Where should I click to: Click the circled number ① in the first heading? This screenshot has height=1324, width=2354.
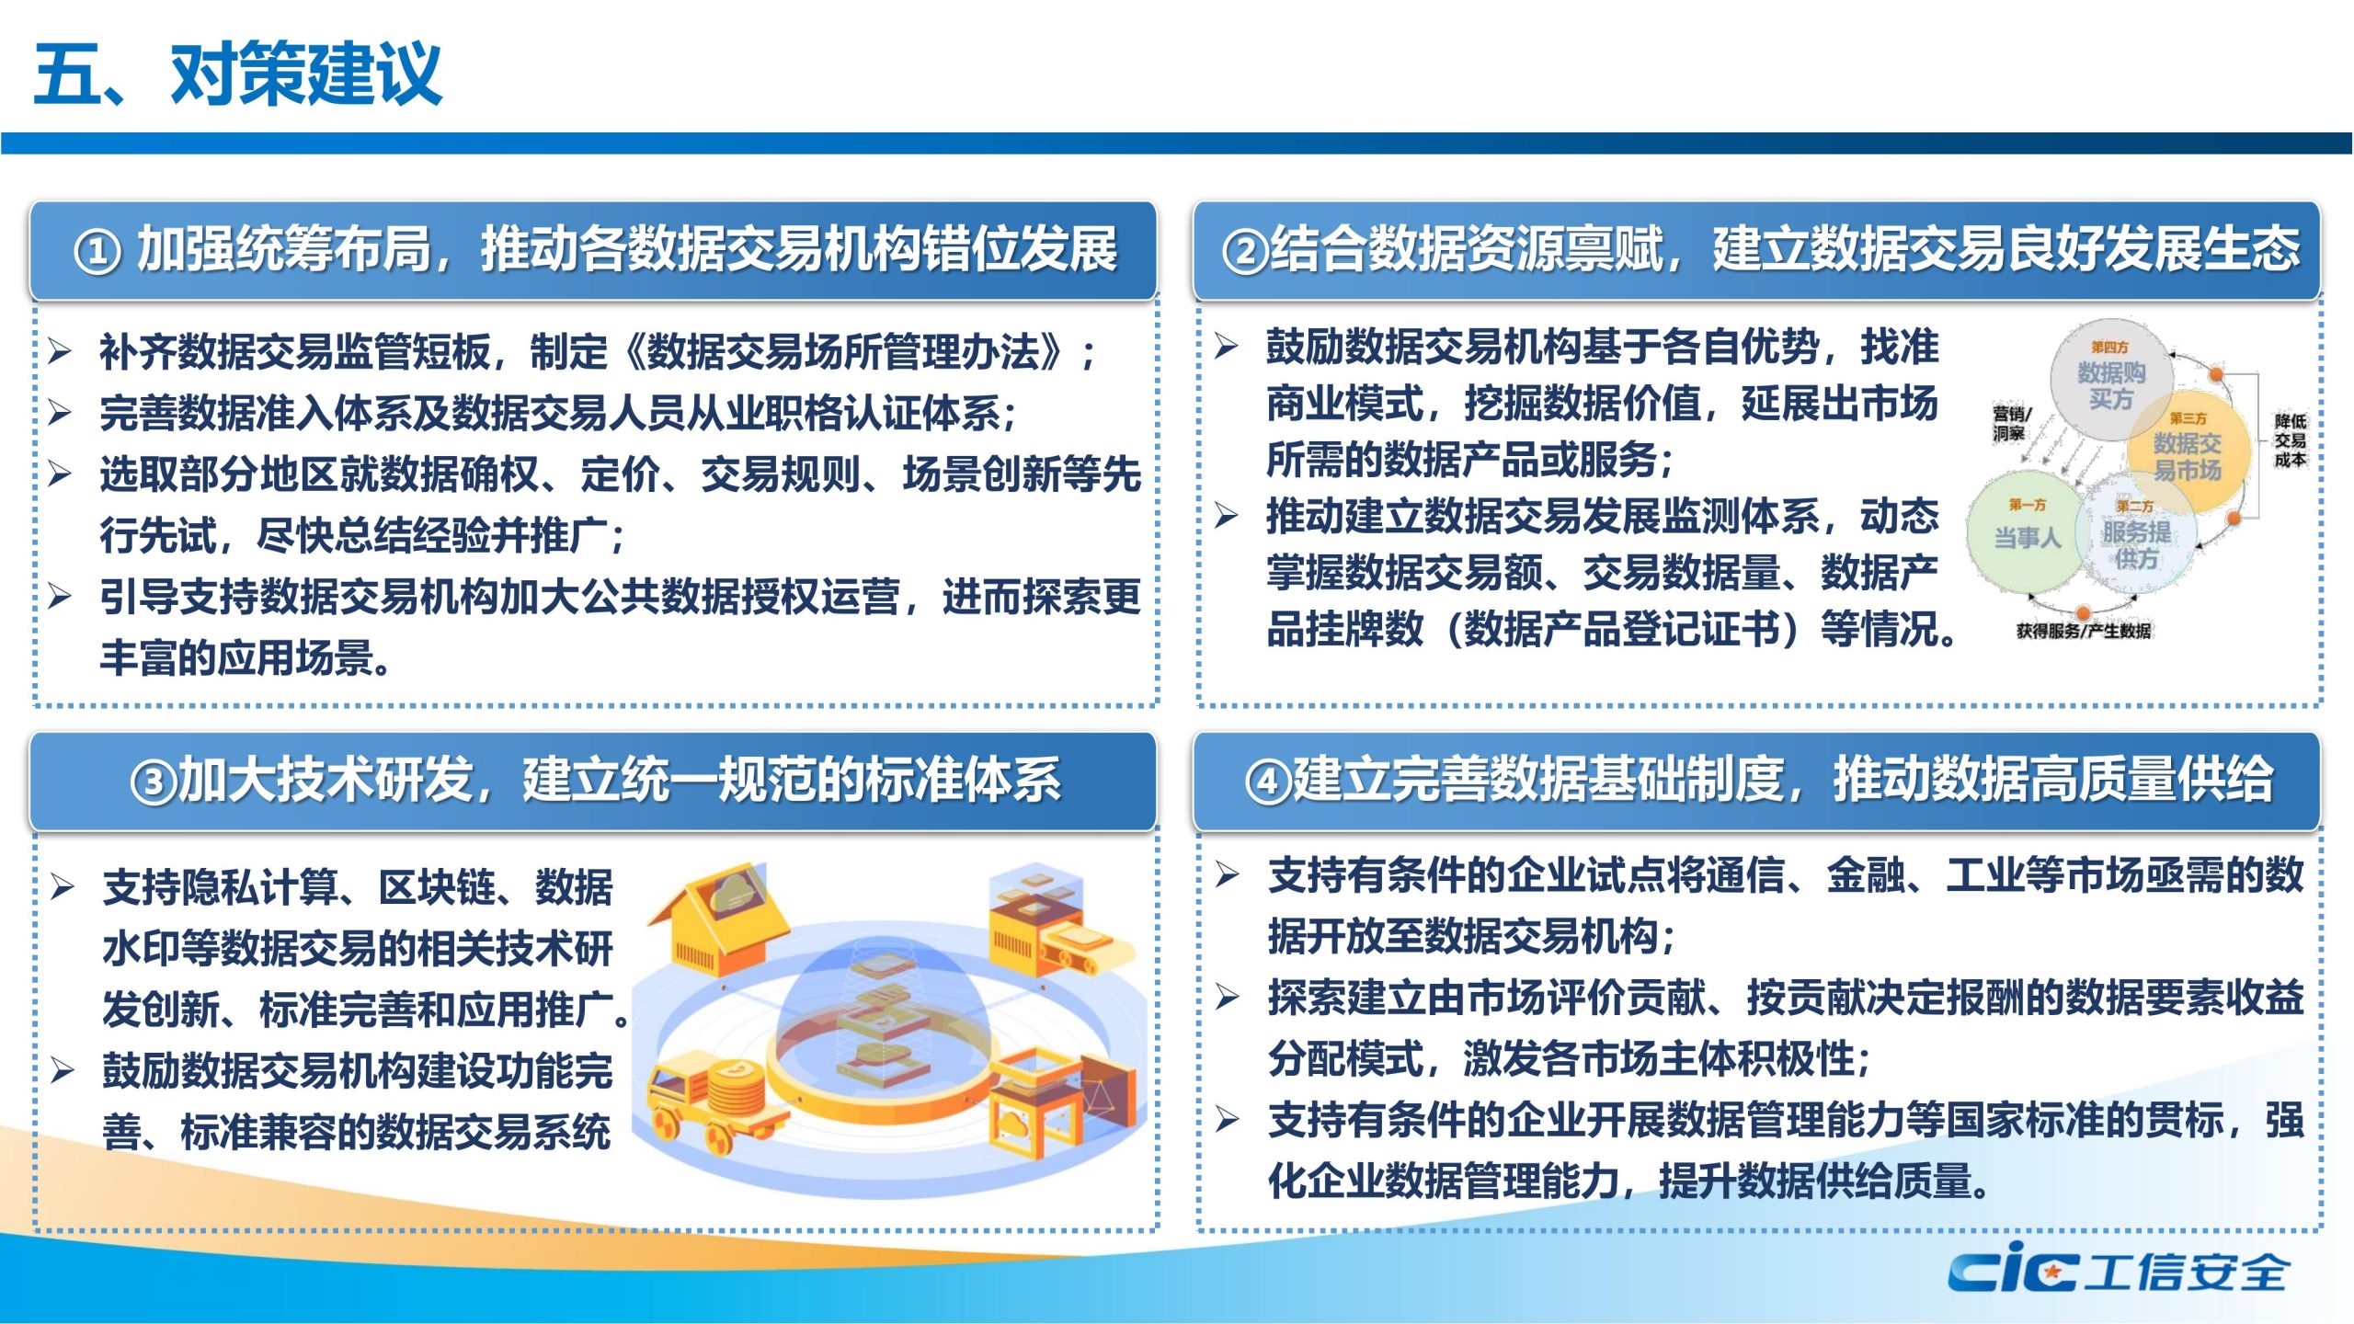[97, 250]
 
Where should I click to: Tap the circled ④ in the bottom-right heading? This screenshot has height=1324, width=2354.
[1268, 782]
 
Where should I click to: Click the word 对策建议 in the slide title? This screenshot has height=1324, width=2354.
[306, 74]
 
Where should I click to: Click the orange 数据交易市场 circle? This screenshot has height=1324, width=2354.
[2188, 452]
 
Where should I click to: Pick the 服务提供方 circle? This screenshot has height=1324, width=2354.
[2136, 537]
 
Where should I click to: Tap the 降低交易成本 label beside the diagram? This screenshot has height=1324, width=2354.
[2291, 440]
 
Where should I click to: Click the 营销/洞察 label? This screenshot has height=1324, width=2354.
[2010, 423]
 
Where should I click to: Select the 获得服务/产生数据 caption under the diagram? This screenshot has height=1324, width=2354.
[2083, 631]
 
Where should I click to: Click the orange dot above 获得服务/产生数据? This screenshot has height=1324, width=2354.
[2083, 612]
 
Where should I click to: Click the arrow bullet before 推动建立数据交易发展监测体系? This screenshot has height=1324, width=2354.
[1226, 515]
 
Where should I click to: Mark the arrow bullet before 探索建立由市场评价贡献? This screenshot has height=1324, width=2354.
[1227, 996]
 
